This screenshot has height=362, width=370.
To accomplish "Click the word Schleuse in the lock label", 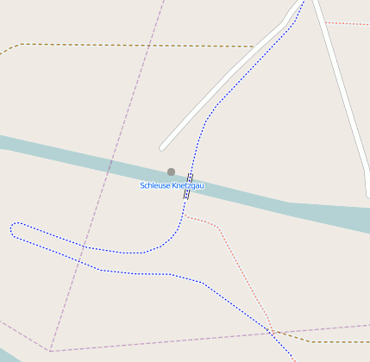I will click(x=154, y=185).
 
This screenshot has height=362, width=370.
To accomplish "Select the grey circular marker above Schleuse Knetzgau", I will click(x=171, y=172).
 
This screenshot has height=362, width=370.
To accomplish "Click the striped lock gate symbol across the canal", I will click(x=187, y=186).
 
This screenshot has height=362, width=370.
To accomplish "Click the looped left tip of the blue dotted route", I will click(x=13, y=228).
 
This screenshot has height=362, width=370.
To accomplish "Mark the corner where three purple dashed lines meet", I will click(x=50, y=351).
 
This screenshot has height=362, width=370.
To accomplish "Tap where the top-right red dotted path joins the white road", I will click(x=323, y=22).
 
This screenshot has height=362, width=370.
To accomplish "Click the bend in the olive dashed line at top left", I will click(x=20, y=44).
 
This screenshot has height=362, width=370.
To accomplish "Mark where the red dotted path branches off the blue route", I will click(x=184, y=216).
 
